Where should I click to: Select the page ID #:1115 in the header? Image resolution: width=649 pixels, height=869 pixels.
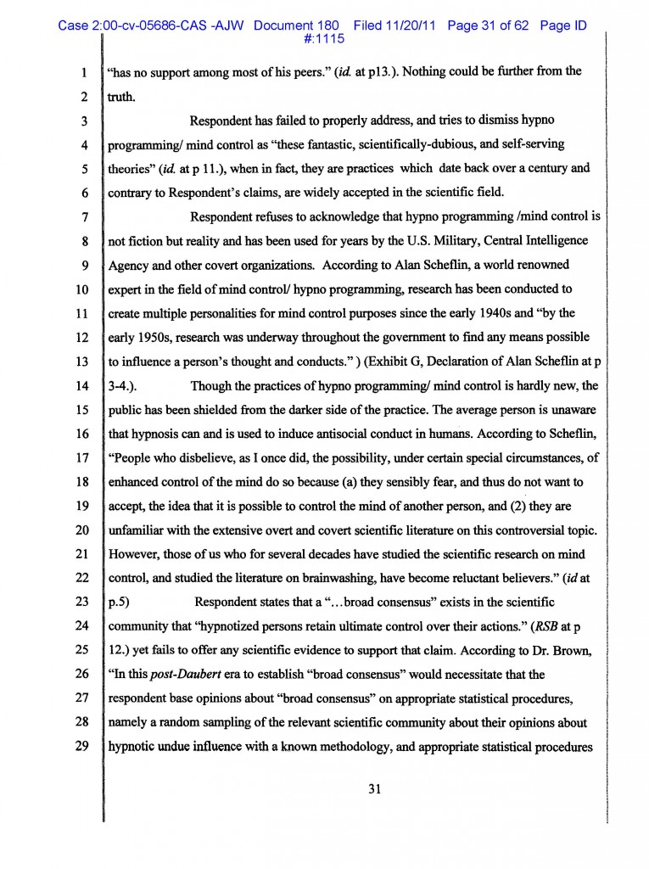(323, 38)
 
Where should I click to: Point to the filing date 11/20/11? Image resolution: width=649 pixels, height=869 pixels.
(407, 25)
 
